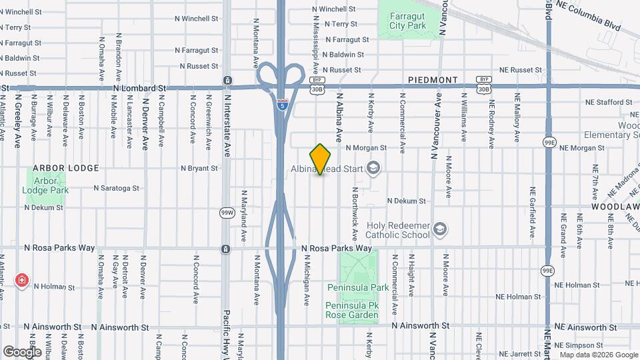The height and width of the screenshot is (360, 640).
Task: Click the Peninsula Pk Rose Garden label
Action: [352, 310]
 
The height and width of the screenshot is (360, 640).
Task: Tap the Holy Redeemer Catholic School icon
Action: [439, 229]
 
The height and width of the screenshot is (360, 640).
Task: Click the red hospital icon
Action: [23, 280]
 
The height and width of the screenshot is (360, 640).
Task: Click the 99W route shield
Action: [227, 213]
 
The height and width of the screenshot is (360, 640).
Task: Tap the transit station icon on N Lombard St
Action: [228, 81]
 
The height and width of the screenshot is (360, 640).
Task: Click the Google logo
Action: [22, 351]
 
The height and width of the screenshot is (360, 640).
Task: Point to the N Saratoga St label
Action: [116, 188]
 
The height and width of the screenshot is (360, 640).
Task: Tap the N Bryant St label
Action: [199, 169]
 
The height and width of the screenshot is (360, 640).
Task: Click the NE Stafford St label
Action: [609, 102]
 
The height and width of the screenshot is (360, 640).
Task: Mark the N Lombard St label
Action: [139, 88]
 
